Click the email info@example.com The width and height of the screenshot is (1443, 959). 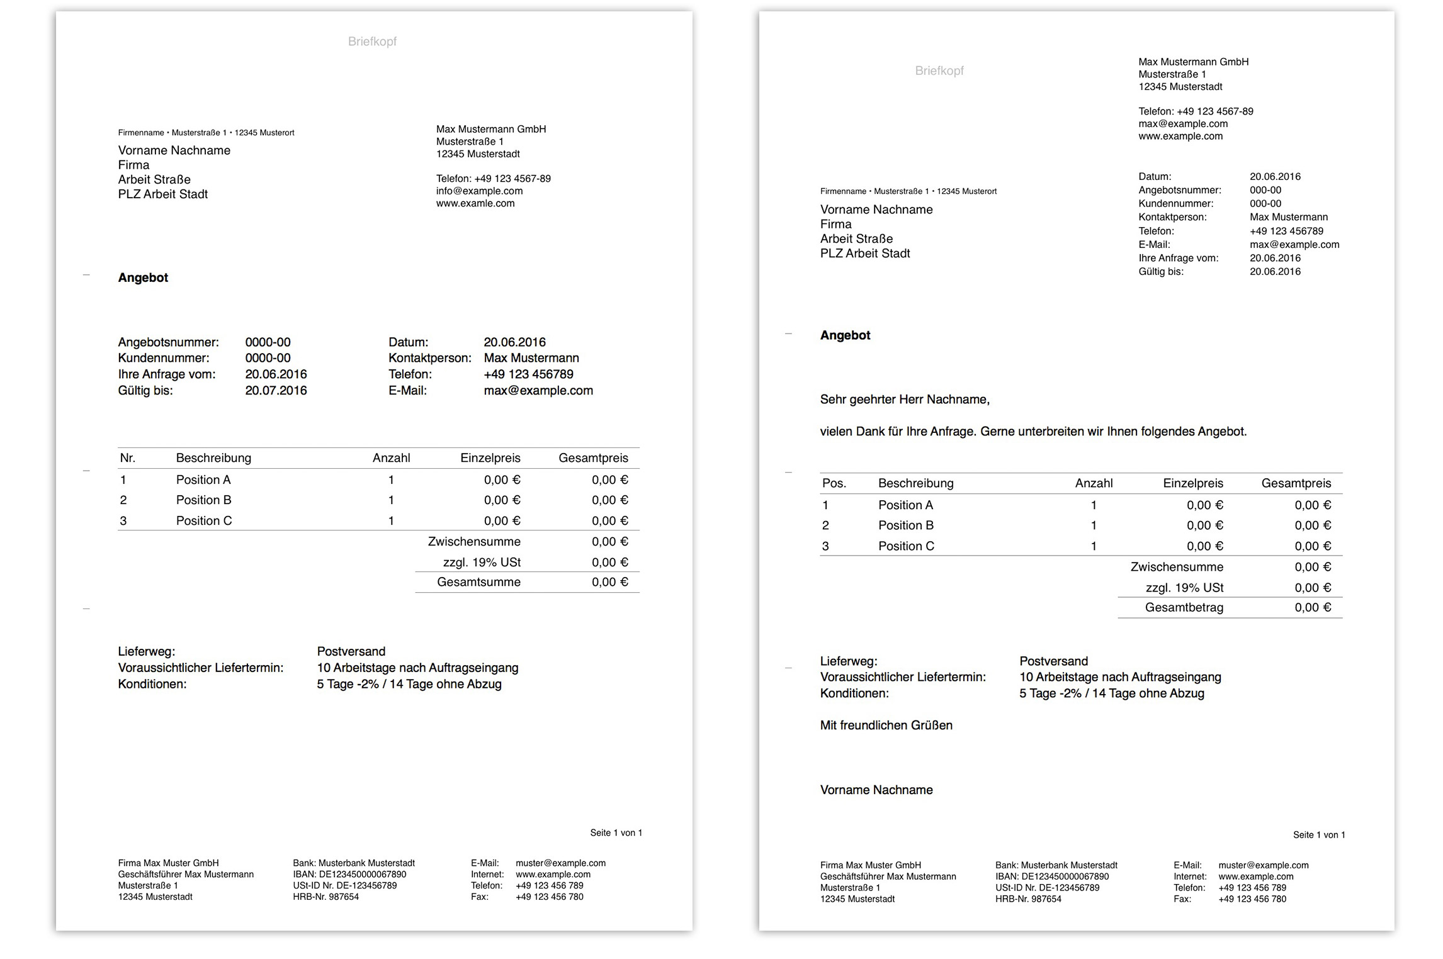479,191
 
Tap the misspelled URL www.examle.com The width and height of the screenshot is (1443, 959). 475,204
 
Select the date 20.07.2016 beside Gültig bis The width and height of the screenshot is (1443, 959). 276,391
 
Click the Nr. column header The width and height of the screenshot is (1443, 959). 128,458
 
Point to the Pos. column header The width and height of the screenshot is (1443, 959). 834,483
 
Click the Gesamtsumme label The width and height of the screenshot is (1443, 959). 478,583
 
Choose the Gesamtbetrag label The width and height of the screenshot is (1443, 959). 1184,608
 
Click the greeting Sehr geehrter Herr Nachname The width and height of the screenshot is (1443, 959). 905,400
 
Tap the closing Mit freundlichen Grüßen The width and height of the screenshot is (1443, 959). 886,726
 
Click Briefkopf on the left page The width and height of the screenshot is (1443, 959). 372,42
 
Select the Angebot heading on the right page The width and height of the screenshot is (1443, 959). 845,335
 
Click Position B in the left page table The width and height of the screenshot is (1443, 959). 203,500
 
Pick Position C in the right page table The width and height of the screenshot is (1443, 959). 906,546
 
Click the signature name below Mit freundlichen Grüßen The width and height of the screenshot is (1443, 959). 876,790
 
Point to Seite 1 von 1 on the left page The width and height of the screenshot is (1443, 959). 616,833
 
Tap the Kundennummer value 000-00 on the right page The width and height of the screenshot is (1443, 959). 1265,204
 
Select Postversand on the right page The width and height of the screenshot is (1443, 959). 1053,661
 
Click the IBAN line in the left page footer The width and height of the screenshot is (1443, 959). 349,875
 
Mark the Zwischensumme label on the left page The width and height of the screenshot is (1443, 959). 474,542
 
